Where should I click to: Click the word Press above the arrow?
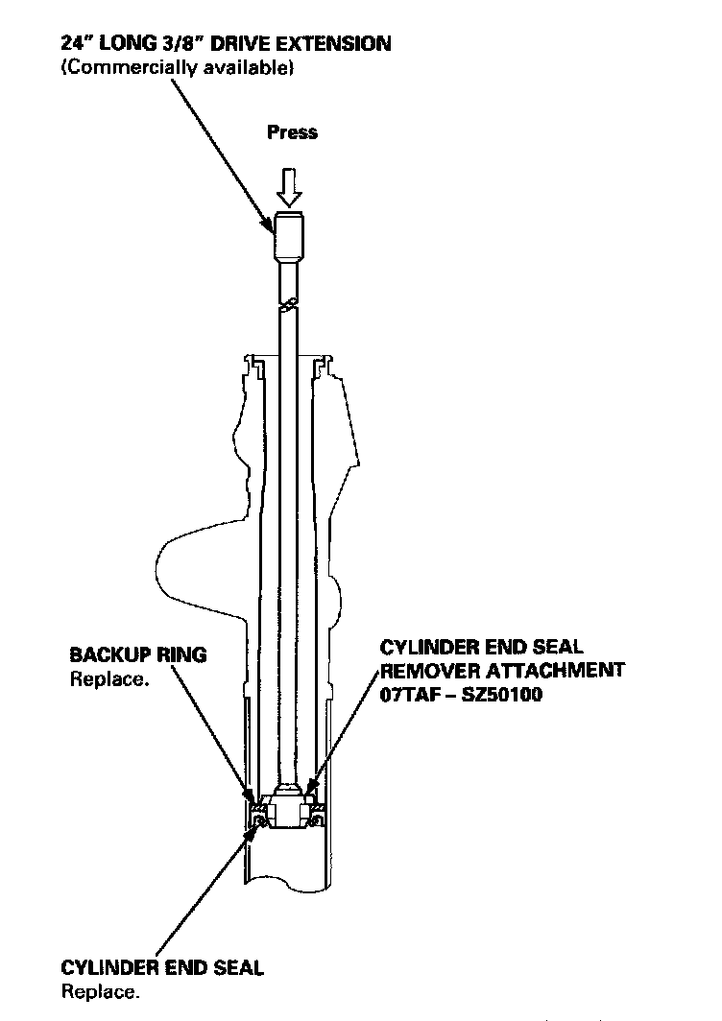coord(292,132)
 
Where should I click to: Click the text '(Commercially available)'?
coord(177,67)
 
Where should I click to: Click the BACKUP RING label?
coord(137,655)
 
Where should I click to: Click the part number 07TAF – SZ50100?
coord(462,695)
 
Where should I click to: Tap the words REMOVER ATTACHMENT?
coord(503,671)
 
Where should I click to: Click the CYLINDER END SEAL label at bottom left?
coord(161,967)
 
